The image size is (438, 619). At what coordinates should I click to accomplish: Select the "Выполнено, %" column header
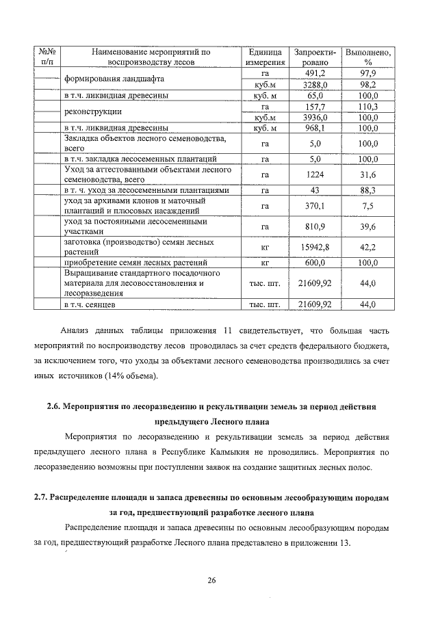point(368,57)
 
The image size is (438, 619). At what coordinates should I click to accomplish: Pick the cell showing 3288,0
point(314,85)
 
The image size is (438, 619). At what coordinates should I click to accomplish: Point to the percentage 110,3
point(368,107)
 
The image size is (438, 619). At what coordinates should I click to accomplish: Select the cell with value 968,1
point(314,128)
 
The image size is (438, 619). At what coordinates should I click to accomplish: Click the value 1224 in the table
point(314,174)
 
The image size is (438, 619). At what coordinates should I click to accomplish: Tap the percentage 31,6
point(368,174)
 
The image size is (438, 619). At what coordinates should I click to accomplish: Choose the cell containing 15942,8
point(314,248)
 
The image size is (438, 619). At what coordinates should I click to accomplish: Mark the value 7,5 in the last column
point(368,206)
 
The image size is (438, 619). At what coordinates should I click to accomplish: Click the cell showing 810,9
point(314,227)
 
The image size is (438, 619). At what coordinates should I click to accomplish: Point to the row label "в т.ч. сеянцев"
point(94,304)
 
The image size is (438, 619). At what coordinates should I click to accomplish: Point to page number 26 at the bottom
point(211,581)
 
